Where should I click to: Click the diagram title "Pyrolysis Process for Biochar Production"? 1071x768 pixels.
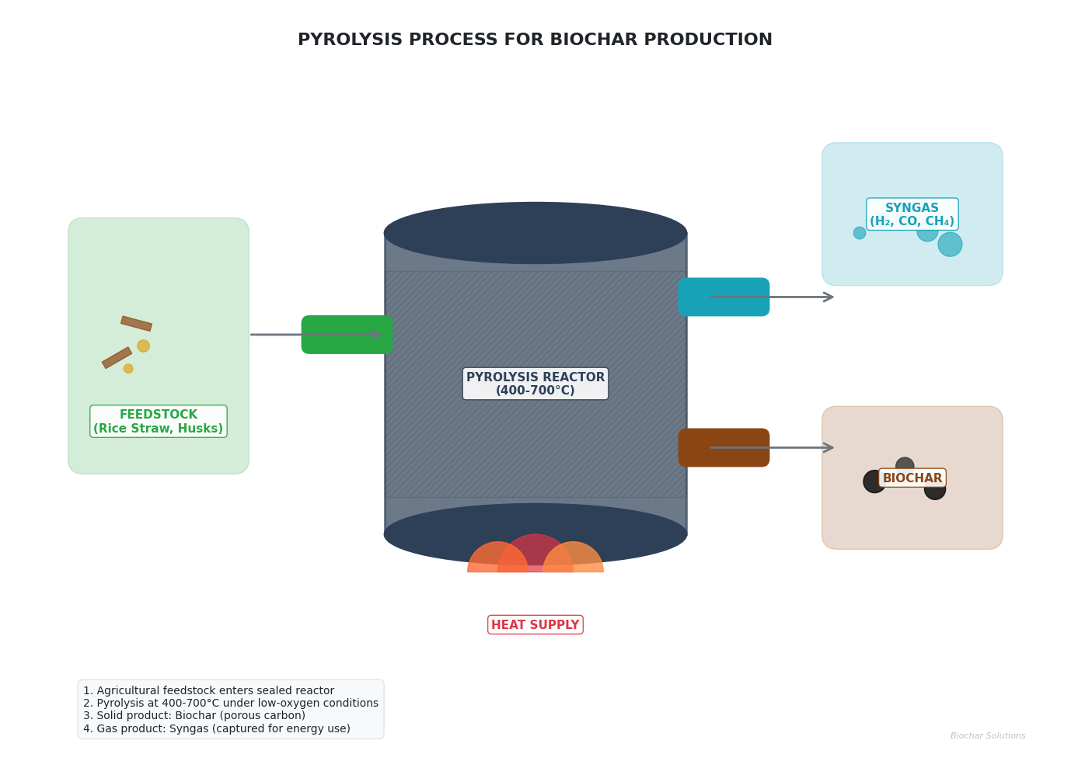[535, 40]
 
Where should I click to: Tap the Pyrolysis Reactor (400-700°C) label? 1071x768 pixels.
[535, 384]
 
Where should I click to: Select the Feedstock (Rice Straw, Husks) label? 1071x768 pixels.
[159, 422]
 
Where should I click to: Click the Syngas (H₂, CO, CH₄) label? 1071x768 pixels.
[912, 214]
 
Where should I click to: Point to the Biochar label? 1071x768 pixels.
[912, 478]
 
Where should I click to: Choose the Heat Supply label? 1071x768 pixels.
[535, 625]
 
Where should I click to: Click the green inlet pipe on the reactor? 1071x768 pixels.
[347, 335]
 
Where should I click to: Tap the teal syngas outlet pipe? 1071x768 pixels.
[724, 297]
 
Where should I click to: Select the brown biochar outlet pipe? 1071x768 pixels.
[724, 447]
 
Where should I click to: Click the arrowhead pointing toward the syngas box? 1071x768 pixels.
[829, 297]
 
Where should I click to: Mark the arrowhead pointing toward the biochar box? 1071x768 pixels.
[829, 447]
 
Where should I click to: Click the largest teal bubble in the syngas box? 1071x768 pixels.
[950, 245]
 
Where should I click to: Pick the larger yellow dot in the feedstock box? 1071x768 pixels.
[143, 346]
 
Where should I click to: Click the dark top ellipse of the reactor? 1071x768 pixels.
[535, 232]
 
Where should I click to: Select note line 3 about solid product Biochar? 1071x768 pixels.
[194, 716]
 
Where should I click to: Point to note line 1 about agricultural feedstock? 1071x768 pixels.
[208, 690]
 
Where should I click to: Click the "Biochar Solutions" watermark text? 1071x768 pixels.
[987, 736]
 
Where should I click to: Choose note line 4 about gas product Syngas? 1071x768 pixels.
[217, 728]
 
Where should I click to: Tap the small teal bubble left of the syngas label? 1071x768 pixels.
[860, 233]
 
